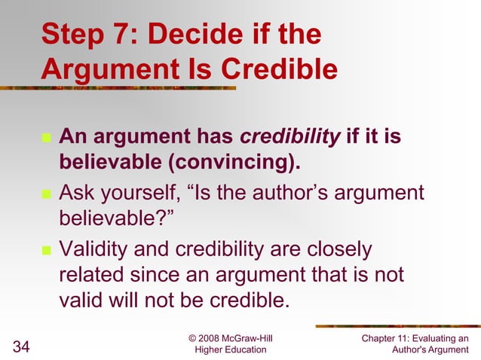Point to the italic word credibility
pos(290,138)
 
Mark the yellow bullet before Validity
pos(45,250)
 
